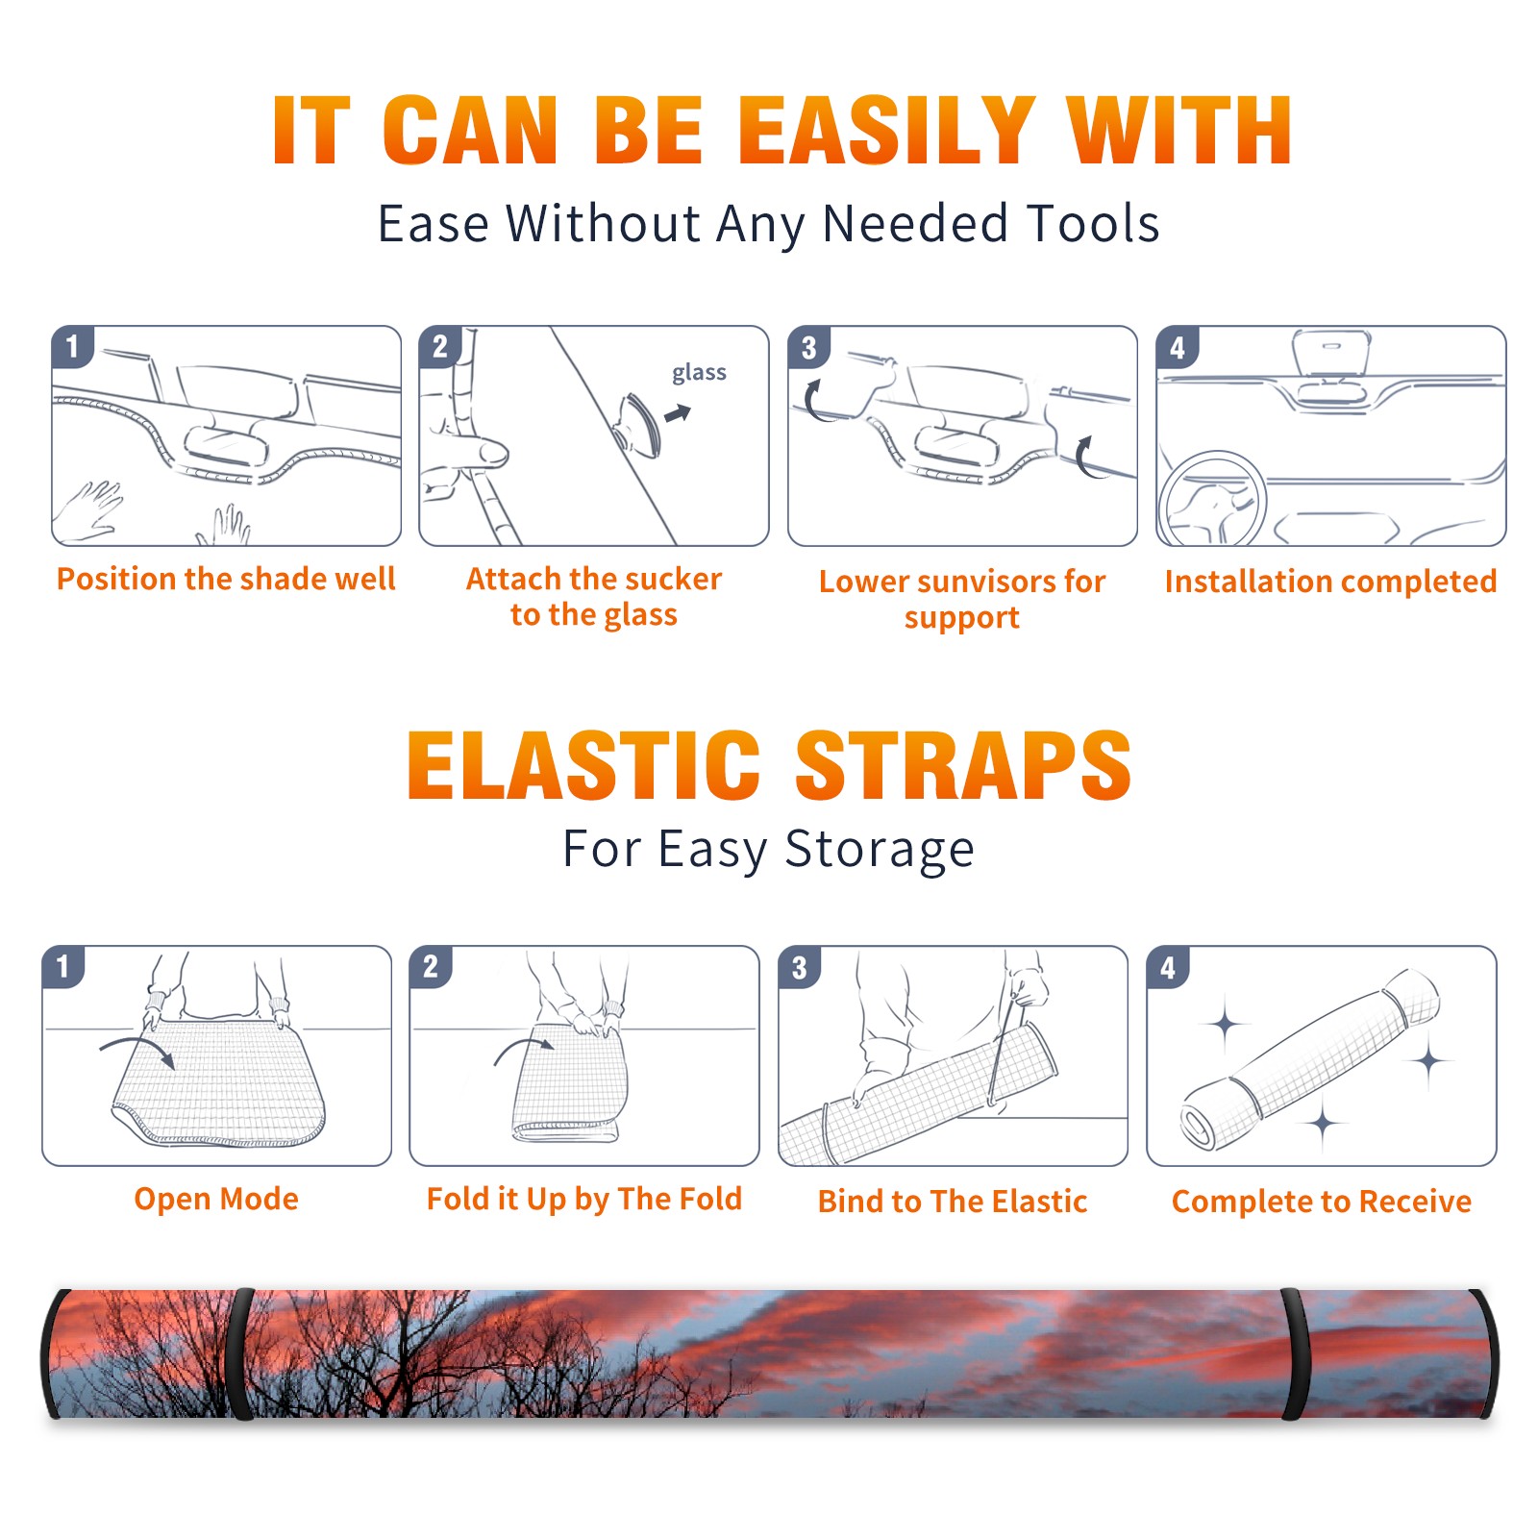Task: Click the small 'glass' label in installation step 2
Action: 699,373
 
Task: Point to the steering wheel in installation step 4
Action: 1210,498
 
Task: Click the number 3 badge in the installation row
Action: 808,347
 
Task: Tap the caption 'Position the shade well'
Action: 226,579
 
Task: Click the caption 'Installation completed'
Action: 1330,582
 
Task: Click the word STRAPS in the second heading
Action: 963,765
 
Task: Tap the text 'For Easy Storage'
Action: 768,850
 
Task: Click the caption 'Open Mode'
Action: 216,1199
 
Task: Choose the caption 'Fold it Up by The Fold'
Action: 584,1200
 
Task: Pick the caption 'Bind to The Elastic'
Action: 953,1202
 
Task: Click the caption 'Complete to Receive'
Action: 1322,1202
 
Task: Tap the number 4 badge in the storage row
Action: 1168,967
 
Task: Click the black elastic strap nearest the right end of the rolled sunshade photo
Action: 1296,1354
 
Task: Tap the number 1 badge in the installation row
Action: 72,346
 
